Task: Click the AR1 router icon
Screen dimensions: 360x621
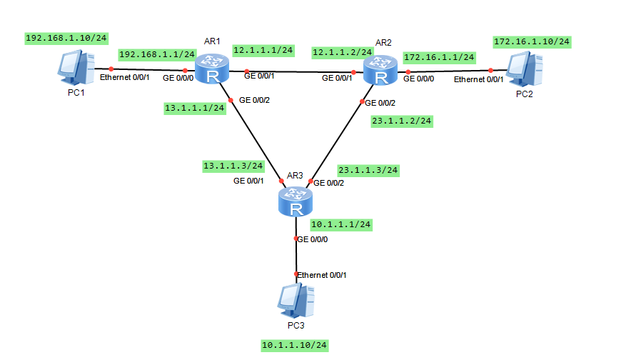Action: point(212,71)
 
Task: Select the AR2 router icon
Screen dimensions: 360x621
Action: point(380,71)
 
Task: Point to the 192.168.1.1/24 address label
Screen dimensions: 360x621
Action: point(157,54)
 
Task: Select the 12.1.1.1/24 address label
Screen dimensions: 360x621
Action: point(263,50)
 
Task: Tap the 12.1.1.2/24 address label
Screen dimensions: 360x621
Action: point(342,52)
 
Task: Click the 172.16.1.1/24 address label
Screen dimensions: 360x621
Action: point(439,56)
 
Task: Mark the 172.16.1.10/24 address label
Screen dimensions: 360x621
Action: point(532,42)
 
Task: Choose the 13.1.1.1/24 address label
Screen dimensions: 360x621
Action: point(195,108)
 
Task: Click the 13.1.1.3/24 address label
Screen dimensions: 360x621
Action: point(233,166)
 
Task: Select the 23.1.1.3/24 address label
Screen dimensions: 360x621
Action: point(368,170)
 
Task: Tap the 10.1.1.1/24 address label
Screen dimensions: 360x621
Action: point(341,224)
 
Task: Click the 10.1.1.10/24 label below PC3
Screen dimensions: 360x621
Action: point(294,345)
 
